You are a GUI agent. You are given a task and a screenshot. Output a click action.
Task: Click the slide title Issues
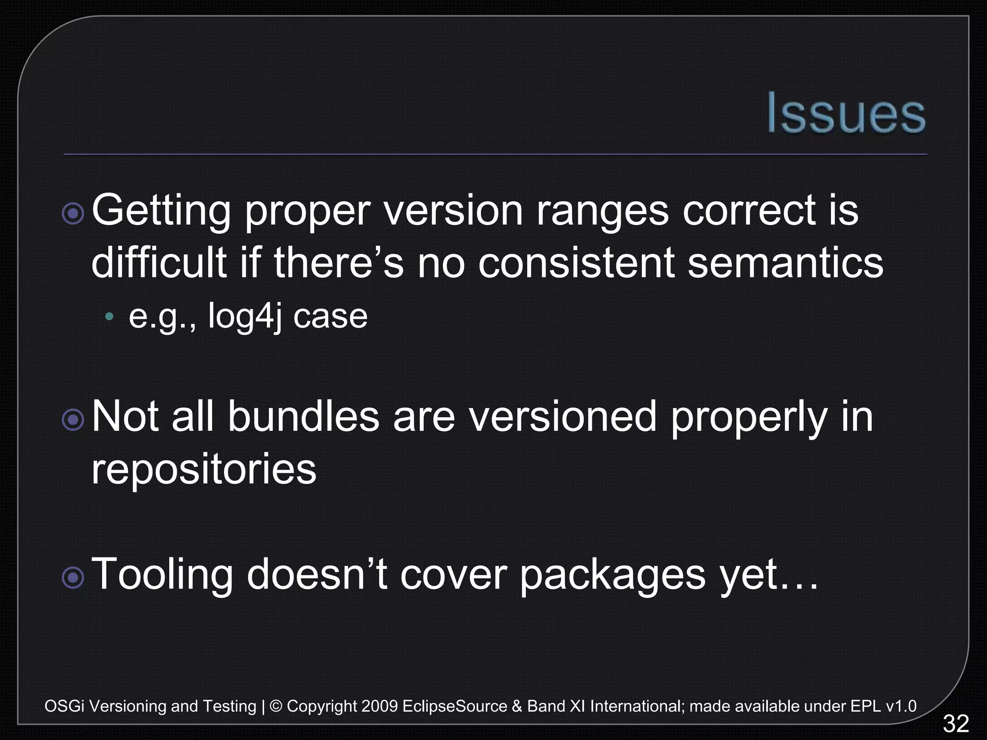pos(846,113)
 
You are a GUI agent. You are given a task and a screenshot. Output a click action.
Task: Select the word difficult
pos(159,263)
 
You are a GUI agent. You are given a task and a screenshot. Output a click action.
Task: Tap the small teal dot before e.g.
pos(110,317)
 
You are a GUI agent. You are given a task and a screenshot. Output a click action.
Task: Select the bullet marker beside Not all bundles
pos(73,420)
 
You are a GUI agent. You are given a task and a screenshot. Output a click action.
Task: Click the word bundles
pos(304,417)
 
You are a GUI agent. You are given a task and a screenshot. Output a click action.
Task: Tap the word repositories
pos(204,470)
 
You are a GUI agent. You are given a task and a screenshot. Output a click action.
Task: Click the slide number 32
pos(956,724)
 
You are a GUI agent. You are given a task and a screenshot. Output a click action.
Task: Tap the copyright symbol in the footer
pos(276,706)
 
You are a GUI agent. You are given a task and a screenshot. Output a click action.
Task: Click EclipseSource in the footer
pos(454,706)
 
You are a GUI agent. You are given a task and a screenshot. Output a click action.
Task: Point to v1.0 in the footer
pos(901,706)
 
